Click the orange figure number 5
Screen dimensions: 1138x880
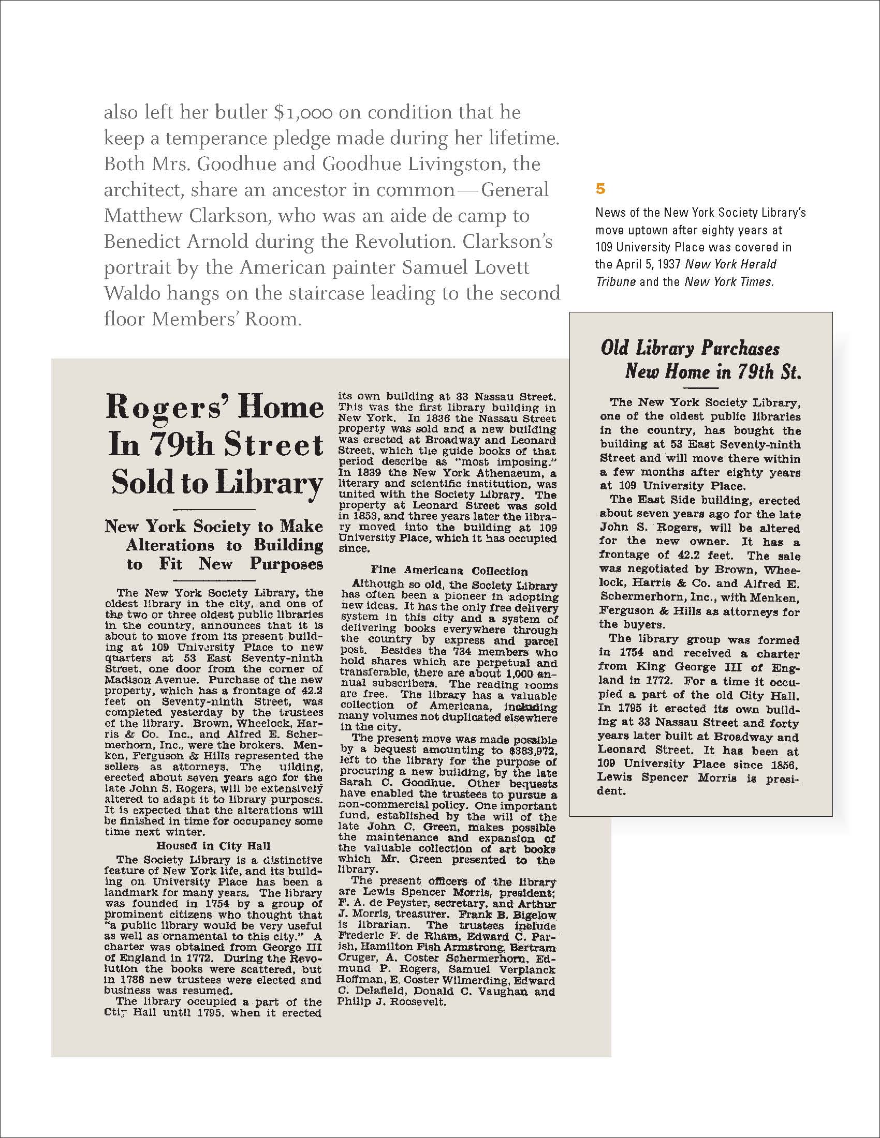tap(600, 189)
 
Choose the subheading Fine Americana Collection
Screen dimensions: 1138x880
tap(449, 571)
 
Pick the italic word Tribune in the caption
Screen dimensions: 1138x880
tap(615, 282)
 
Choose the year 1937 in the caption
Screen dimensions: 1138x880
tap(669, 264)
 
